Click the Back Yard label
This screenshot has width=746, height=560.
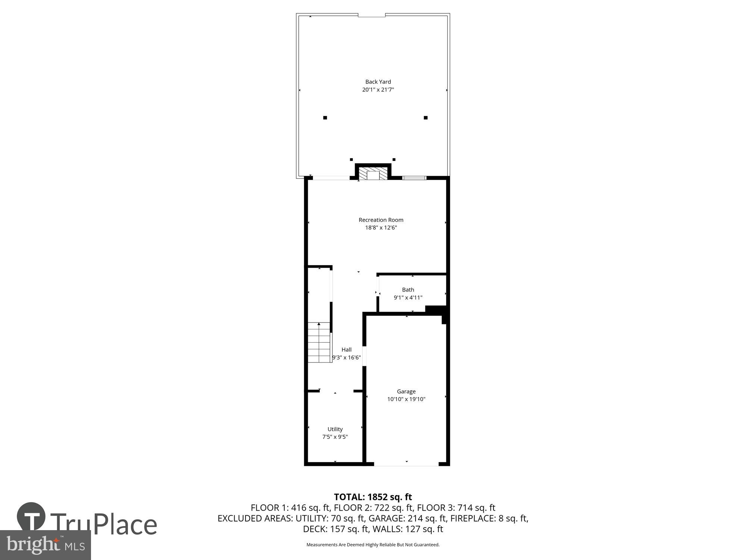pos(378,82)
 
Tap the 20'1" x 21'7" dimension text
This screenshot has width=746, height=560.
pos(378,90)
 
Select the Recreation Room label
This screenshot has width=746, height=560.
pos(381,220)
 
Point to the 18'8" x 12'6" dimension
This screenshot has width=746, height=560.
pos(381,228)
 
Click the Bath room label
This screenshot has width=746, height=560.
pos(408,290)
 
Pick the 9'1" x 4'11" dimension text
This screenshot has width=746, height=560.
pos(408,298)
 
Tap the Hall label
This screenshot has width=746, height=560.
pos(347,350)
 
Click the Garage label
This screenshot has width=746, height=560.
pos(406,391)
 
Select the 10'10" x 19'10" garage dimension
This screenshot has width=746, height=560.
pos(406,399)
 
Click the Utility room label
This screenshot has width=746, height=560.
pos(335,429)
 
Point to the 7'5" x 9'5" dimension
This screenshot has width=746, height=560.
pos(335,437)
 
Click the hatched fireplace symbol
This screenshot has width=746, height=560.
pos(373,174)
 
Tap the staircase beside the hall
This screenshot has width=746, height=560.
pos(319,342)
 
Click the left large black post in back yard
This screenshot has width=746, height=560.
pos(325,118)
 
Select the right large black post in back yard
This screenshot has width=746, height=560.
pos(426,118)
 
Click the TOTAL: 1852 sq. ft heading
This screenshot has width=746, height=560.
pos(373,497)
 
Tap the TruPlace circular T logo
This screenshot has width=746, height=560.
pos(31,517)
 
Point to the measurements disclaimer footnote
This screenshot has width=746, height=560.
pos(373,545)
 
